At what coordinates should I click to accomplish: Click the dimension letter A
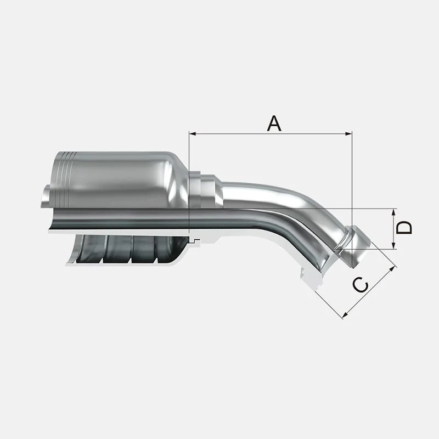[x=274, y=124]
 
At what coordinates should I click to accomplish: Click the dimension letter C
[x=360, y=285]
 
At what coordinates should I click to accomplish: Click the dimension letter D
[x=404, y=228]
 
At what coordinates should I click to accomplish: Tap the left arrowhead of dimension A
[x=193, y=134]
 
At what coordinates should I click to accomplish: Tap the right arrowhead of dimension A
[x=349, y=134]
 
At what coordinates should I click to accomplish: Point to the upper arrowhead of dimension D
[x=393, y=212]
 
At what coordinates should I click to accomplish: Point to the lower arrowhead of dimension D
[x=393, y=245]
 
